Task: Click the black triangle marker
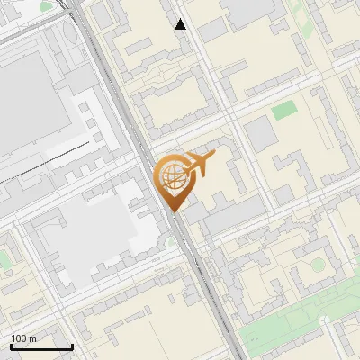181,24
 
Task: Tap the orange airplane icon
200,165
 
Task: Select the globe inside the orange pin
172,176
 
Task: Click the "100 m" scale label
23,338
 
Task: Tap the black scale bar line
41,346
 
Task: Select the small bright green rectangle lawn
284,112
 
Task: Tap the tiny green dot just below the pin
170,242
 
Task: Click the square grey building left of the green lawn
261,133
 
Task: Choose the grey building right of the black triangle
212,30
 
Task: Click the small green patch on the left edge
4,259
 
